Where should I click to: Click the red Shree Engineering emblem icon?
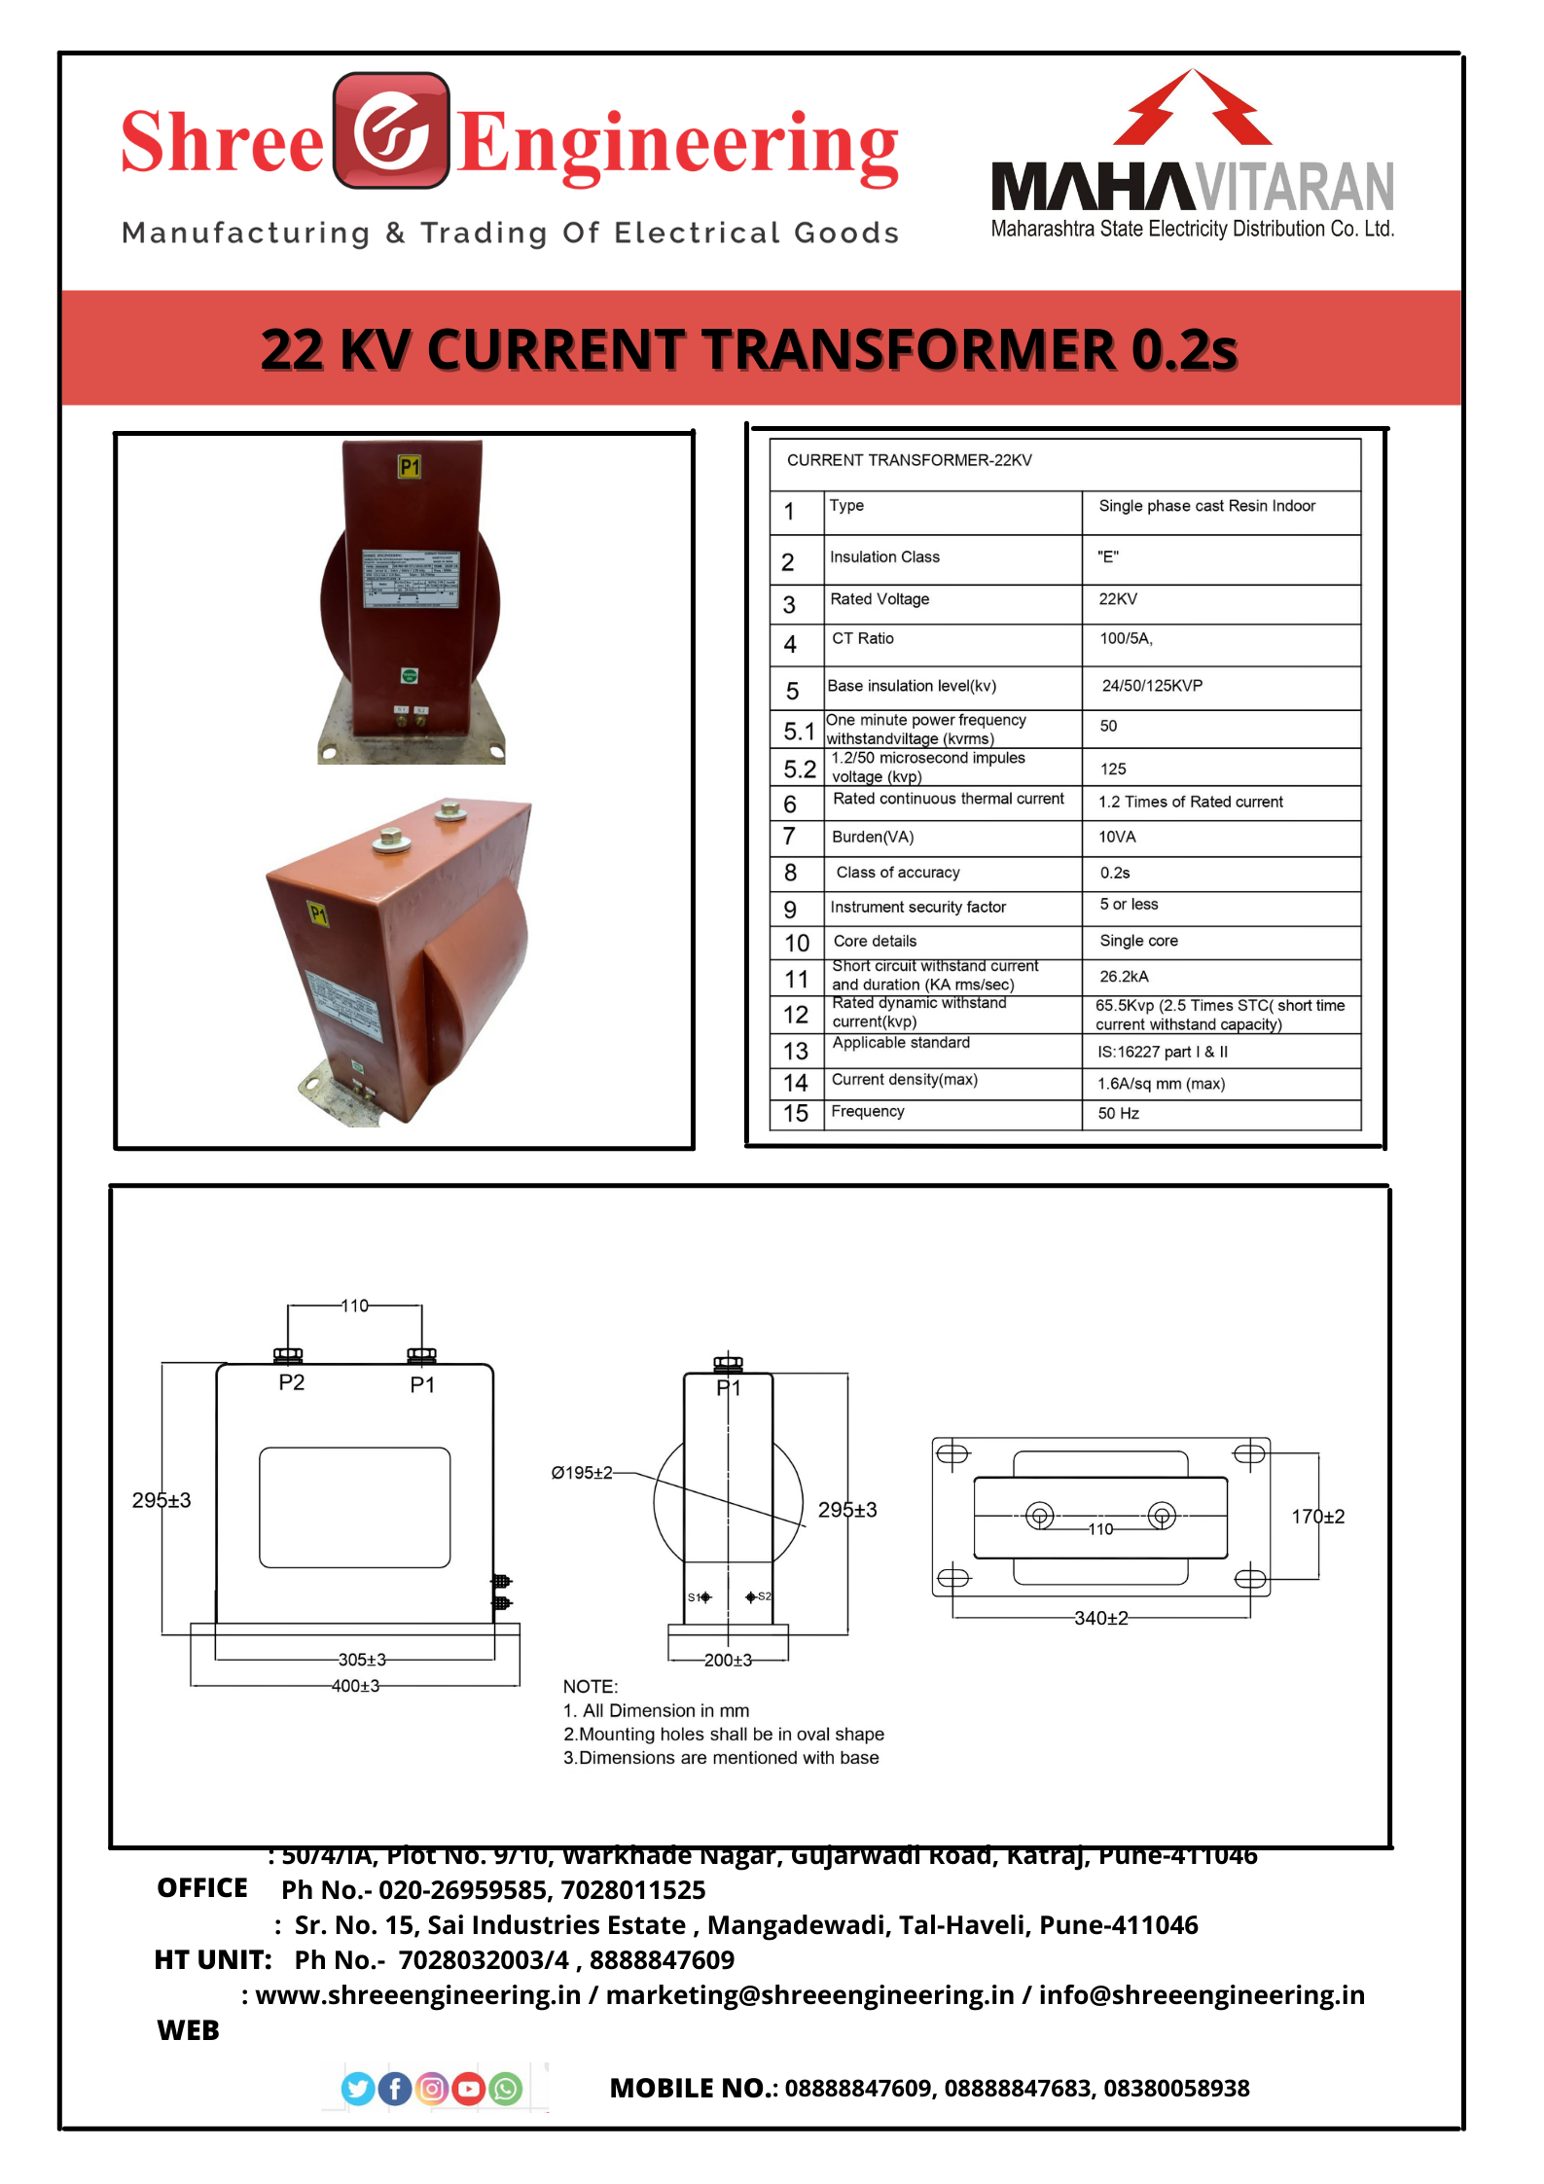tap(391, 130)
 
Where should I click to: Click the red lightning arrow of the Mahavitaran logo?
tap(1192, 107)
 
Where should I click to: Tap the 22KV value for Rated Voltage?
tap(1118, 599)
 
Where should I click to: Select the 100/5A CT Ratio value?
tap(1126, 639)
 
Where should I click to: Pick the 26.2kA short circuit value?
tap(1124, 977)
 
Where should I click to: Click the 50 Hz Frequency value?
tap(1118, 1114)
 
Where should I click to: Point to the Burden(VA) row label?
tap(873, 838)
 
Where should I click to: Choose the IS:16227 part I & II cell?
tap(1163, 1053)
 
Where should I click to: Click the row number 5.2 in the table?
tap(800, 770)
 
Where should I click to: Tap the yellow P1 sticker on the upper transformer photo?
tap(410, 468)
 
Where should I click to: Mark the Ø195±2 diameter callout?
tap(582, 1473)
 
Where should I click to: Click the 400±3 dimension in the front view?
tap(356, 1686)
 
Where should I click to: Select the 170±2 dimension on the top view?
tap(1317, 1517)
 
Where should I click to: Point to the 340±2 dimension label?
tap(1100, 1618)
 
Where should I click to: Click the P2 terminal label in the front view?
tap(292, 1382)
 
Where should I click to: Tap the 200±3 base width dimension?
tap(728, 1660)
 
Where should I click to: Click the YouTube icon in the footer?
tap(469, 2089)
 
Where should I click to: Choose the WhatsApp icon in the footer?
tap(506, 2089)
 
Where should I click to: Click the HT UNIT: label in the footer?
tap(213, 1959)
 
